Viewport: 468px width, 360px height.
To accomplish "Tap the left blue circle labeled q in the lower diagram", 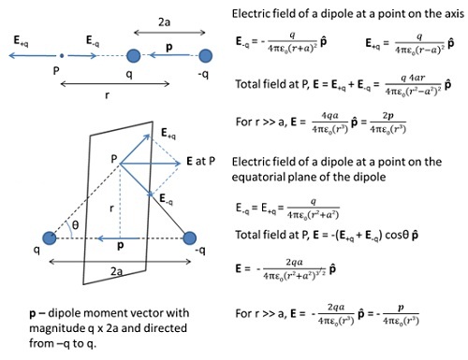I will coord(50,238).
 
